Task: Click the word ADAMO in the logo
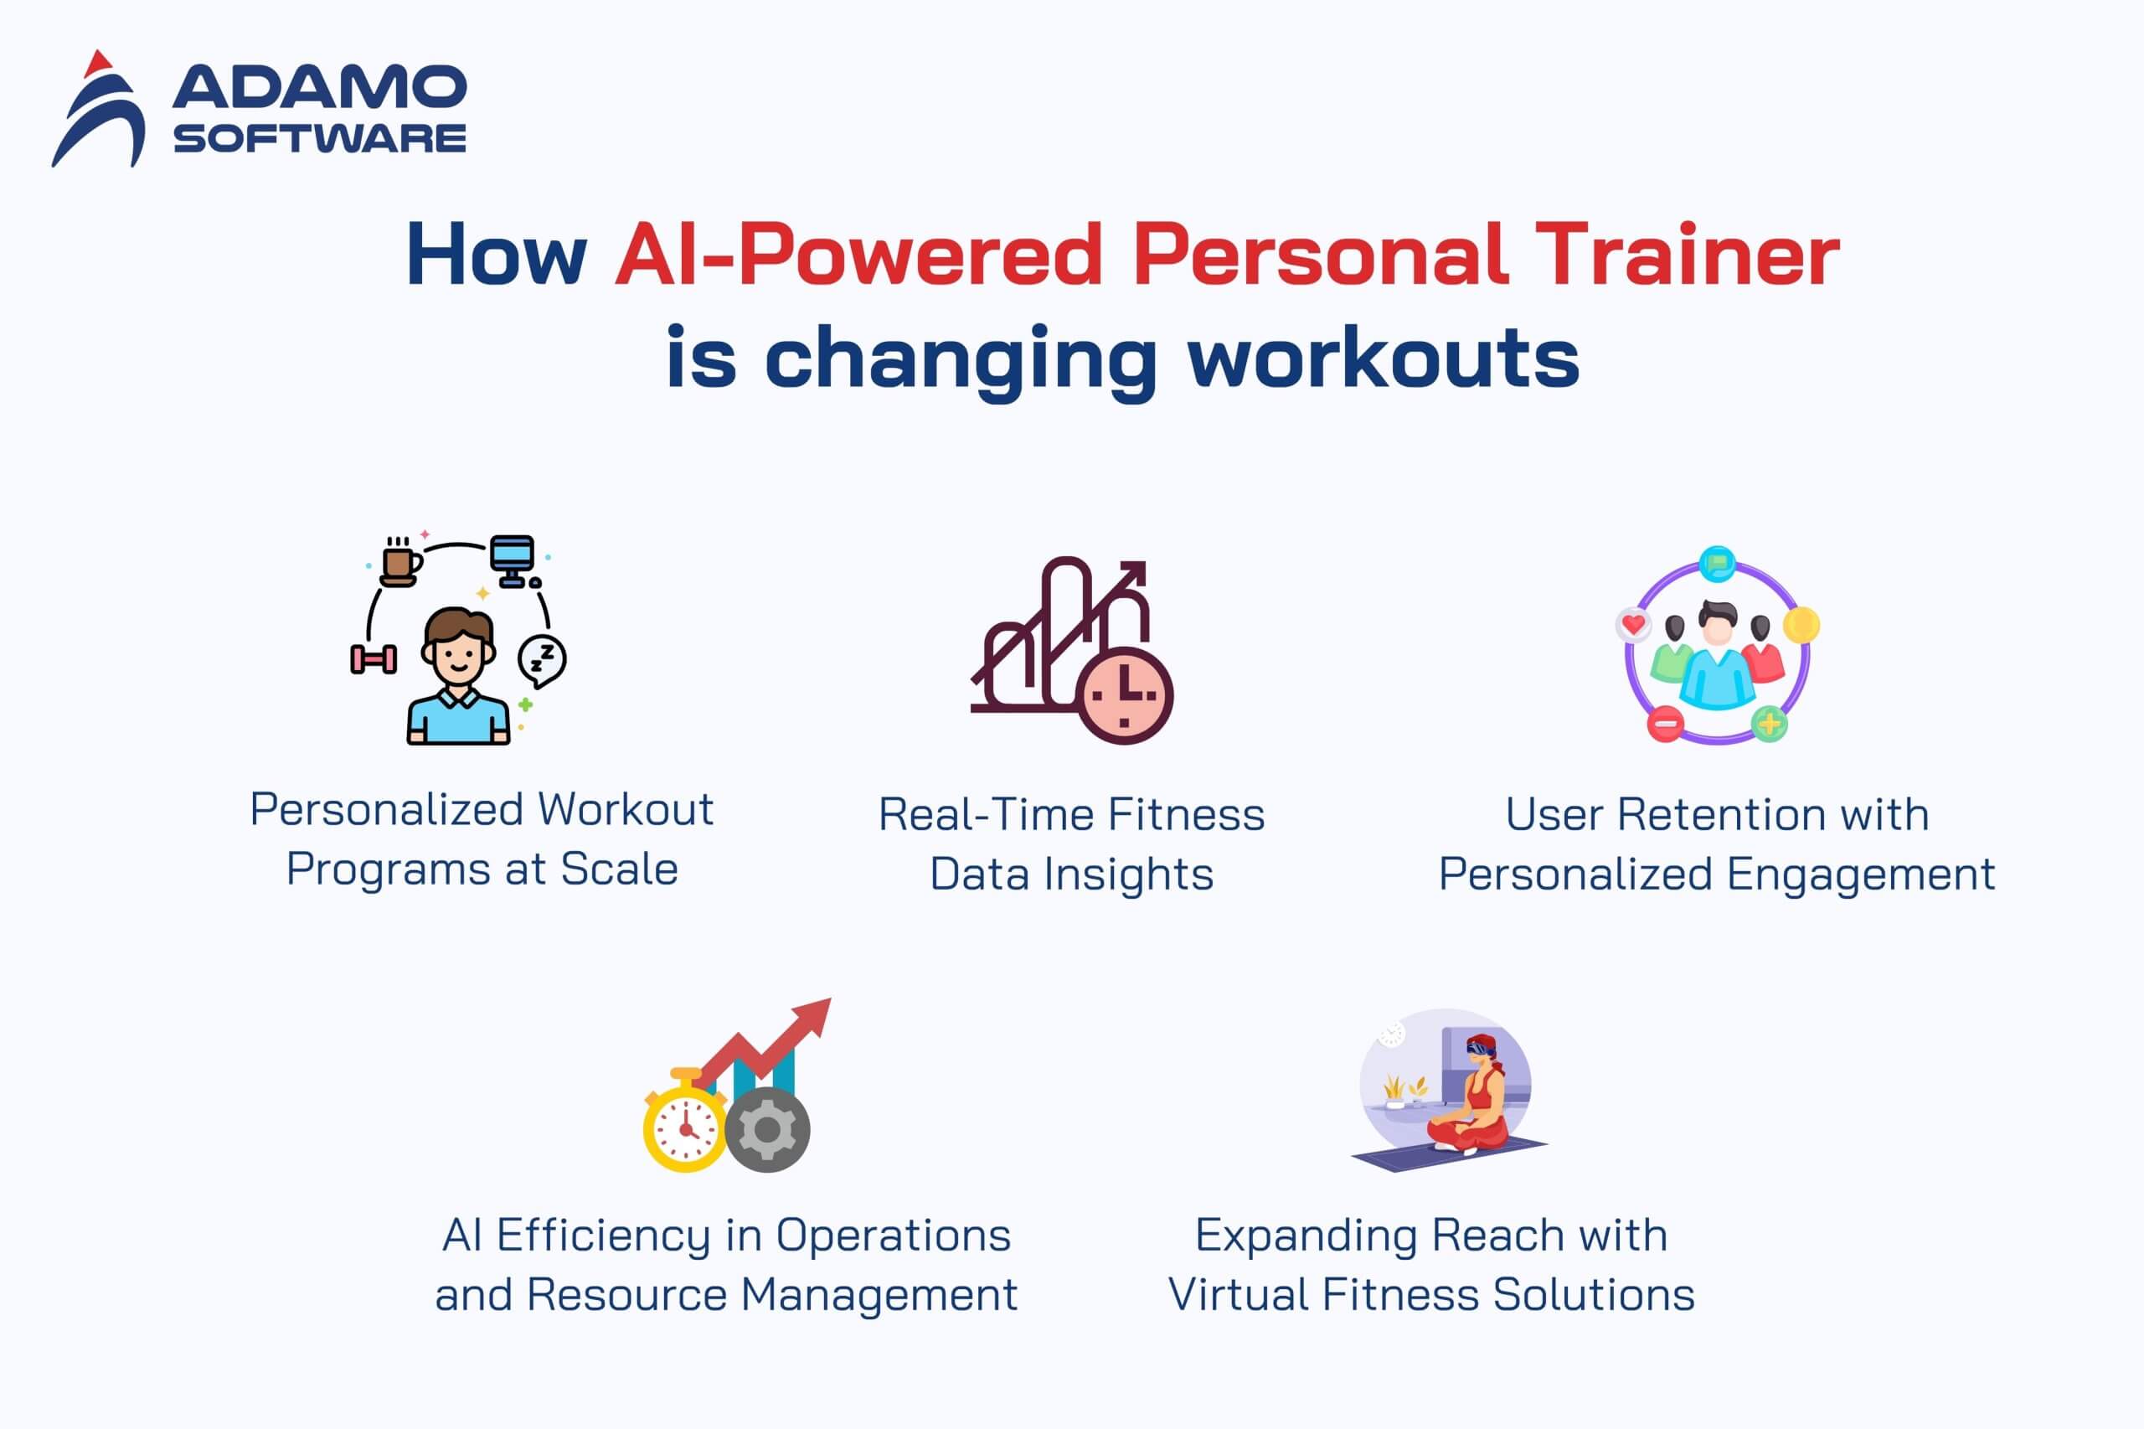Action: click(319, 86)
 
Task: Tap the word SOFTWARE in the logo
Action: click(320, 138)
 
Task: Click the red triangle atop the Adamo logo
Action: click(97, 64)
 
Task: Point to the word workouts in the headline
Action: click(1384, 359)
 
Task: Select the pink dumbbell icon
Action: click(374, 659)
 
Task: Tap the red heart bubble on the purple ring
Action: click(1633, 625)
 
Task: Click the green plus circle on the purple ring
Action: click(1770, 725)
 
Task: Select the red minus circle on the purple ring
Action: click(1666, 725)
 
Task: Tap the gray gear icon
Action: click(767, 1130)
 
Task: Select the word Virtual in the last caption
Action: click(1239, 1294)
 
